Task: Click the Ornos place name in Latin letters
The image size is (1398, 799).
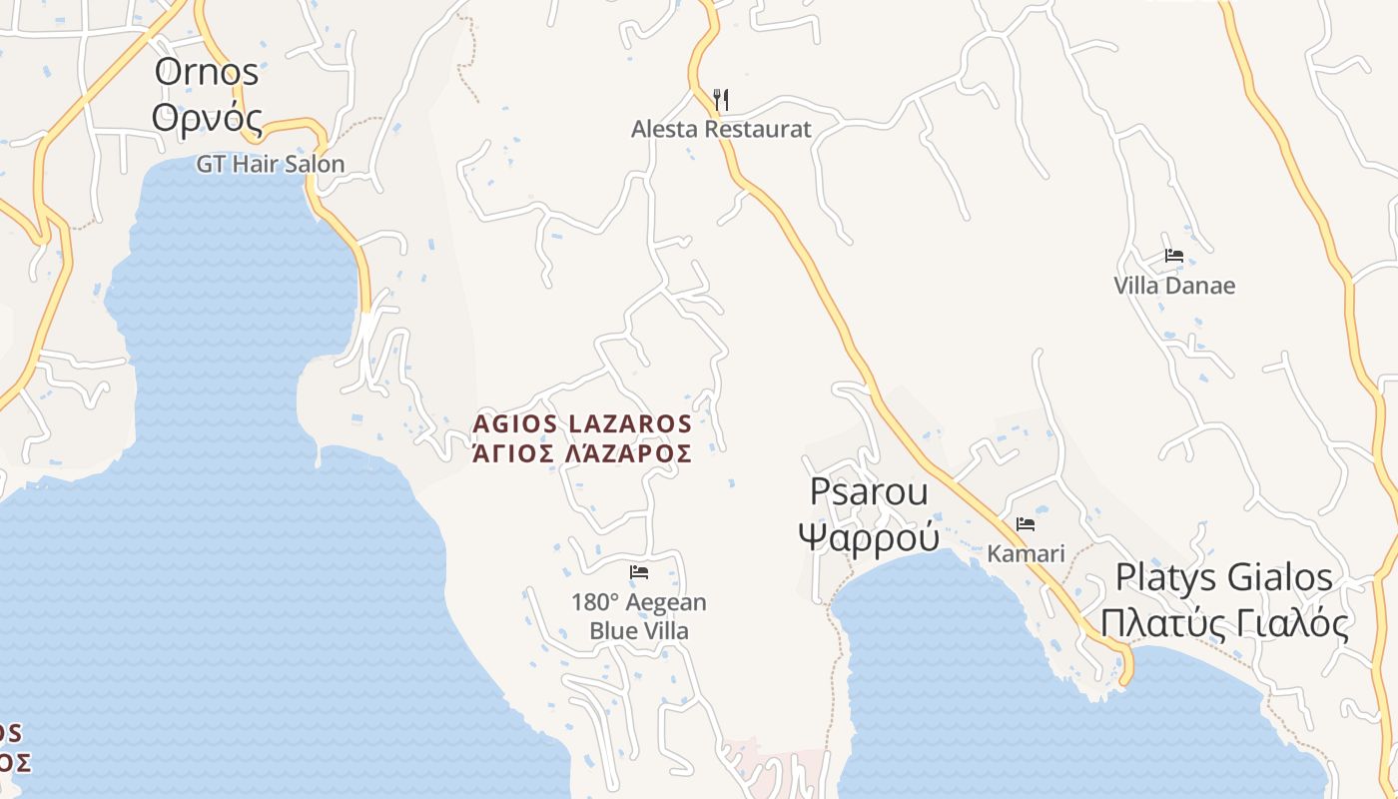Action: pos(206,72)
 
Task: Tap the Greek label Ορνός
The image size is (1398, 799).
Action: pos(208,118)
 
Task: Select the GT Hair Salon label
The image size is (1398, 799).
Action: pos(270,164)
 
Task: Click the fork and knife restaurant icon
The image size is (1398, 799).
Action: pos(721,99)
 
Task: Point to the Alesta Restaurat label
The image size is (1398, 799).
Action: pos(721,129)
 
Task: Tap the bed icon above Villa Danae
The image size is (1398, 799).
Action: pos(1174,256)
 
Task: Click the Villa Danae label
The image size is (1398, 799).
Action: pos(1174,286)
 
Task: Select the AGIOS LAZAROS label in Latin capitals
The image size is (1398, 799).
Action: pos(582,423)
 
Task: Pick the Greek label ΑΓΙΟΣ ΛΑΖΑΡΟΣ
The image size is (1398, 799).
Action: pos(582,453)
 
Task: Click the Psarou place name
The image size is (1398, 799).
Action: pos(869,491)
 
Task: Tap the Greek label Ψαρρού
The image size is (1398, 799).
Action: pos(869,536)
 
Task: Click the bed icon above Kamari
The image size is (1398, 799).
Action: pos(1026,524)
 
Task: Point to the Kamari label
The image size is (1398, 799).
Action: pos(1026,553)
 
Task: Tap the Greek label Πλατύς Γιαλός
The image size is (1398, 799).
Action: pos(1224,623)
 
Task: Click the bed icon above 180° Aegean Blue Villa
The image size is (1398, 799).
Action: pos(639,572)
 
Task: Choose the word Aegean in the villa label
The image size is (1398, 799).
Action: pos(665,602)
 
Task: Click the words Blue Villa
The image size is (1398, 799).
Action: pos(639,631)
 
